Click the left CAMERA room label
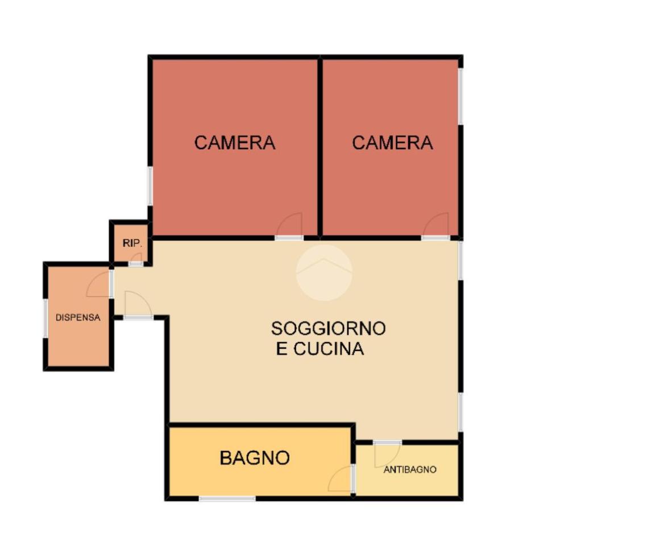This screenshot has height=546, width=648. point(235,143)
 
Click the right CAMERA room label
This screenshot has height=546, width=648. point(392,143)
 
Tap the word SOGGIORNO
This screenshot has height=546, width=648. point(329,328)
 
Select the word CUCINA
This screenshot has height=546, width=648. point(329,349)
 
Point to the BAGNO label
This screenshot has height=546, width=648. point(255,458)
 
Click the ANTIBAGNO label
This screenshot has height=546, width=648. point(410,469)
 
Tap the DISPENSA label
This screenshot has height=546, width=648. point(78,318)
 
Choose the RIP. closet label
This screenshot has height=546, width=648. point(132,243)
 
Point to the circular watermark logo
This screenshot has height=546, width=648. point(325,272)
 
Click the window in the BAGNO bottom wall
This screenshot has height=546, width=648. point(227,499)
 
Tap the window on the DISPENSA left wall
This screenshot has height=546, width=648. point(45,318)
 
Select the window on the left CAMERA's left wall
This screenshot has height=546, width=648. point(150,186)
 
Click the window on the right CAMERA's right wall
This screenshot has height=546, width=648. point(460,96)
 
